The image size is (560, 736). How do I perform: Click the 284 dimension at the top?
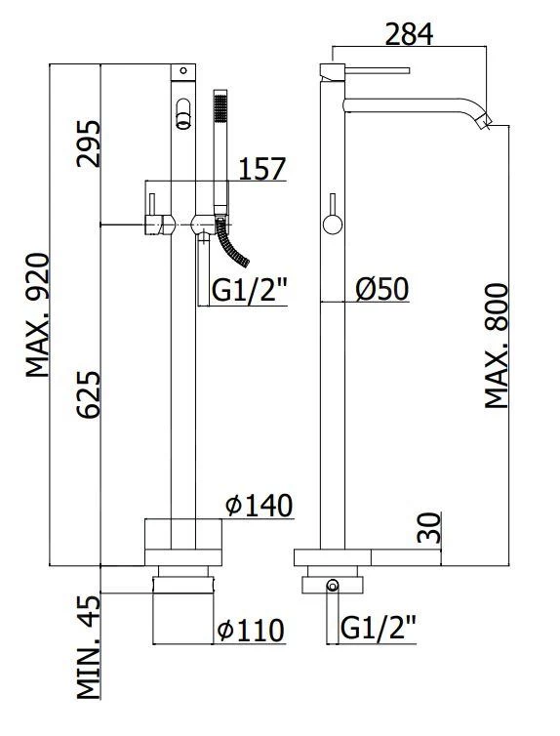coord(409,34)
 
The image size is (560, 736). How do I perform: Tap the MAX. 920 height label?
coord(37,315)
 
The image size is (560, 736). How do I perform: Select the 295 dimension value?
coord(89,143)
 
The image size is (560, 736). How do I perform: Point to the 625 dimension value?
coord(89,394)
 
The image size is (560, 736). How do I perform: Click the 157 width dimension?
coord(262,169)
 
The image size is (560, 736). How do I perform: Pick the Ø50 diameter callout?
coord(382,289)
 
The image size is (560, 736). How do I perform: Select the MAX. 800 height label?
coord(497,346)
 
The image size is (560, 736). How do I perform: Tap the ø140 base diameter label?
coord(260,506)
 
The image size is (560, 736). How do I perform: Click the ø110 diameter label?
coord(251,631)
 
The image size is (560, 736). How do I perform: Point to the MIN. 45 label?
coord(89,647)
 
